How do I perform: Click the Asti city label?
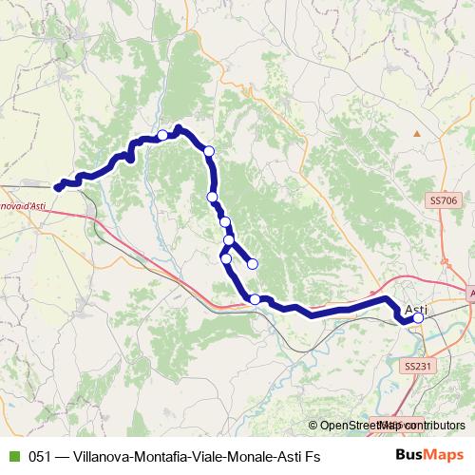click(416, 309)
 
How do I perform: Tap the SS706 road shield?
click(444, 200)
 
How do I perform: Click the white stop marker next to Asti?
click(418, 319)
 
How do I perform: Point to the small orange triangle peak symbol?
click(416, 134)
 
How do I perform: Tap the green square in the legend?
click(13, 457)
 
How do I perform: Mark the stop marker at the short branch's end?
click(253, 264)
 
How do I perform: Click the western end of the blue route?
click(58, 188)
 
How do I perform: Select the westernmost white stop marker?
click(163, 135)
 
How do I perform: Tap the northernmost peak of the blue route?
click(179, 128)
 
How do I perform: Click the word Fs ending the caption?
click(312, 457)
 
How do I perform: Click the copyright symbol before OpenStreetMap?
click(313, 426)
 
